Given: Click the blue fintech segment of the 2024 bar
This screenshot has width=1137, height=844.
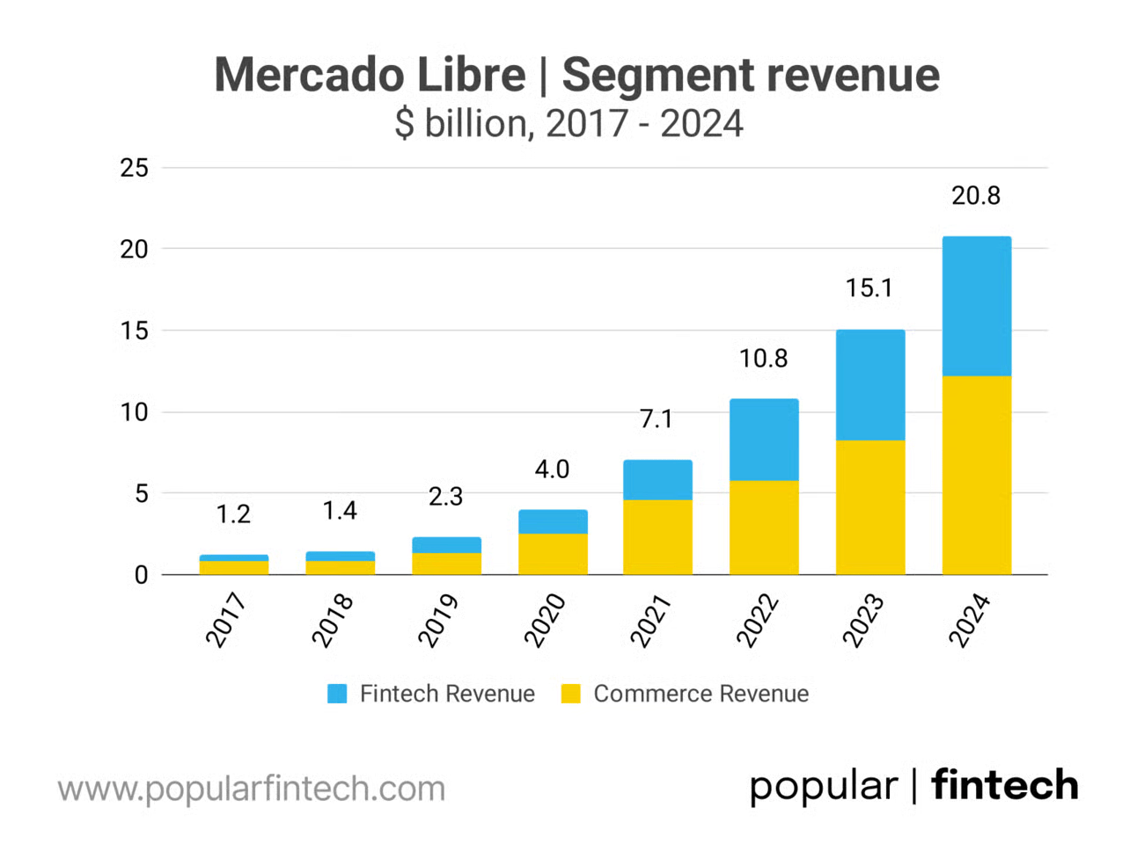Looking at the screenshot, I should point(976,306).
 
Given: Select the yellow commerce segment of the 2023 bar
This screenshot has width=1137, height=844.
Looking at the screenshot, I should point(869,507).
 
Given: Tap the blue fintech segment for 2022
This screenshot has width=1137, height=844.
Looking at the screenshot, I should point(764,440).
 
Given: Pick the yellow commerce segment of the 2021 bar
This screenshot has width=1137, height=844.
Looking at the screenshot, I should point(657,537).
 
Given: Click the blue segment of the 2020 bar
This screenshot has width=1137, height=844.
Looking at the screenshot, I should point(552,521).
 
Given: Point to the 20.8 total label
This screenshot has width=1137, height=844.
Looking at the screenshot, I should point(976,195).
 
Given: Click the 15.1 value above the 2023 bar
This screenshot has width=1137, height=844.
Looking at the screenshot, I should point(869,288).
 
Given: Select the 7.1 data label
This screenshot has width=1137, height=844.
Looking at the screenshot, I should point(657,419).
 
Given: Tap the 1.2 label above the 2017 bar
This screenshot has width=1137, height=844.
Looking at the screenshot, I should point(233,514).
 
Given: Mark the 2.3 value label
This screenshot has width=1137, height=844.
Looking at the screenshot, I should point(445,497).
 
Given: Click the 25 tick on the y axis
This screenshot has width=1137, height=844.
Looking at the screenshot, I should point(135,168).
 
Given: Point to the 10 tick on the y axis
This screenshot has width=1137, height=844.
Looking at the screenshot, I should point(135,412).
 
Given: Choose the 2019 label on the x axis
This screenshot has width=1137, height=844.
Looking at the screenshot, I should point(438,621).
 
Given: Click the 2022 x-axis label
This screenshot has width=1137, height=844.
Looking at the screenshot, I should point(757,621).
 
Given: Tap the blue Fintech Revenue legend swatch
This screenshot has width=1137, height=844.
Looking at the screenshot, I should point(337,694).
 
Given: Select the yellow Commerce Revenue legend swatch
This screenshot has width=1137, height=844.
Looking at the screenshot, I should point(571,694).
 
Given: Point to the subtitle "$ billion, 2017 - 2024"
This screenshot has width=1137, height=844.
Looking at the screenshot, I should point(568,124).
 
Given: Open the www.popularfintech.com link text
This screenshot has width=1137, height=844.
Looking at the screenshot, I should point(252,789).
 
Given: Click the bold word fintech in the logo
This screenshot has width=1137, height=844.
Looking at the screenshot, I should point(1004,785).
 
